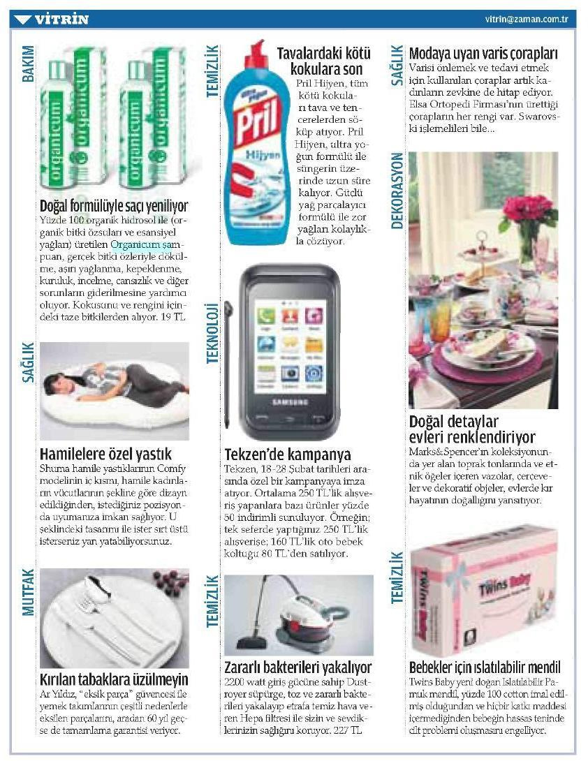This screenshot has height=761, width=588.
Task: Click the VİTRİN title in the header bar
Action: coord(61,19)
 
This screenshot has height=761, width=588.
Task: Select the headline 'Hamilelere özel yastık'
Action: coord(105,455)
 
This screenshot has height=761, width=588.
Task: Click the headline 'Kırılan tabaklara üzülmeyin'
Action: coord(114,679)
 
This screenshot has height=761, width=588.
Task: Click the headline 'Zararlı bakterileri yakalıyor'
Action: coord(298,667)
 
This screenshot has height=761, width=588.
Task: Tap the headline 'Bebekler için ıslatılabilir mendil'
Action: coord(485,667)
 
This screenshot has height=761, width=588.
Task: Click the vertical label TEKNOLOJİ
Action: coord(212,332)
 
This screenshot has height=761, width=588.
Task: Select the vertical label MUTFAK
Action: coord(27,592)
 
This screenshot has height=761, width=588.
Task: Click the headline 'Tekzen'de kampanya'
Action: coord(288,455)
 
